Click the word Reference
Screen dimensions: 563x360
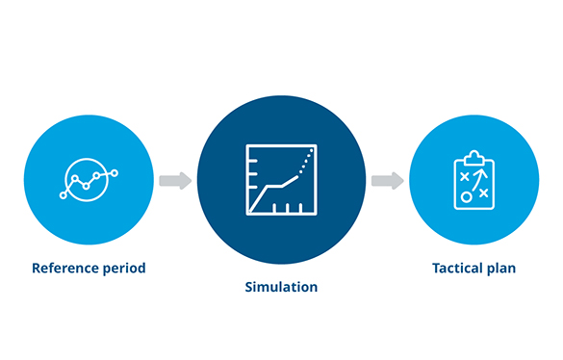tap(64, 268)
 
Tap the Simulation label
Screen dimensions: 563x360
tap(281, 287)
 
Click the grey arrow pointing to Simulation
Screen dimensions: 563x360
tap(175, 180)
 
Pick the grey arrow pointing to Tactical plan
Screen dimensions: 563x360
tap(388, 180)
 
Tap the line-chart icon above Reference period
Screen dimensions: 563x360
tap(89, 179)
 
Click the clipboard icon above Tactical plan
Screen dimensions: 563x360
tap(473, 180)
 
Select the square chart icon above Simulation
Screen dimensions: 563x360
tap(281, 180)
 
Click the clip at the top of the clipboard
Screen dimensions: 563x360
tap(474, 158)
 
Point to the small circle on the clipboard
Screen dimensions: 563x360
tap(466, 197)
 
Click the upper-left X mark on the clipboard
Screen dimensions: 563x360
tap(465, 176)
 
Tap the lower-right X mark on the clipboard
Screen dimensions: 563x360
tap(484, 193)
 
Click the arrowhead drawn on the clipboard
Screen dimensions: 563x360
tap(481, 172)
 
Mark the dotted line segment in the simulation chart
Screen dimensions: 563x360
tap(306, 161)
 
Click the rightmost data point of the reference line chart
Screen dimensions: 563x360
tap(115, 173)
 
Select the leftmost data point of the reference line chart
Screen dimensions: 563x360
tap(64, 195)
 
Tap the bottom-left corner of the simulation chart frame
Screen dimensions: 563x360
tap(247, 215)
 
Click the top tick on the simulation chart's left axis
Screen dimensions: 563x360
tap(253, 162)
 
